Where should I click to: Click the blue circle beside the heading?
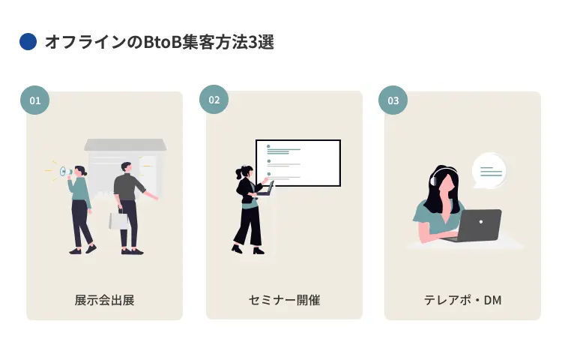[x=28, y=42]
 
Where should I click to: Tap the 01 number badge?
[x=34, y=100]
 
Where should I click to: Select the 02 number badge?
[x=214, y=100]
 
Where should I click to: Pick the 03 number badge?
[x=393, y=100]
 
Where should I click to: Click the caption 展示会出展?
[x=104, y=300]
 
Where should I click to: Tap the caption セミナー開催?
[x=284, y=300]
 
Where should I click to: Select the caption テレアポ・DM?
[x=462, y=300]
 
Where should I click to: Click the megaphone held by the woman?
[x=67, y=172]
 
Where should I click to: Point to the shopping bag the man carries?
[x=119, y=220]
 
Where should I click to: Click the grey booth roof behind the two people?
[x=125, y=145]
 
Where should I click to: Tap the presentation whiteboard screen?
[x=298, y=162]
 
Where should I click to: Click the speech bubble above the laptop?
[x=489, y=172]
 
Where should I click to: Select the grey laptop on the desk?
[x=479, y=225]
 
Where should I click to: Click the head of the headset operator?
[x=442, y=181]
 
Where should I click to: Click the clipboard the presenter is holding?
[x=267, y=187]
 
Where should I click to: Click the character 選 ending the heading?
[x=265, y=42]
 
